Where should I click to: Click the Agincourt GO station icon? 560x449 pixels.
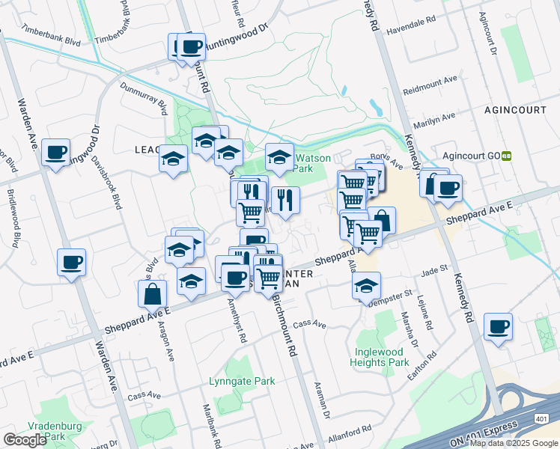click(507, 156)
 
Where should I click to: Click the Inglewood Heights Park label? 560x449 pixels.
click(380, 357)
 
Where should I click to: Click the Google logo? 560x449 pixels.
click(25, 441)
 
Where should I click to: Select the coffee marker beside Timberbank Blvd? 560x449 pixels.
click(191, 47)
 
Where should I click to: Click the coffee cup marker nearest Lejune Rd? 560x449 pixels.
click(499, 327)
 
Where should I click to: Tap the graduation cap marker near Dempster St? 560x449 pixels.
click(366, 286)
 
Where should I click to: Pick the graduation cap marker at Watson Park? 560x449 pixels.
click(279, 157)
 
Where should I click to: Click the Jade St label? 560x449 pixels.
click(434, 268)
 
